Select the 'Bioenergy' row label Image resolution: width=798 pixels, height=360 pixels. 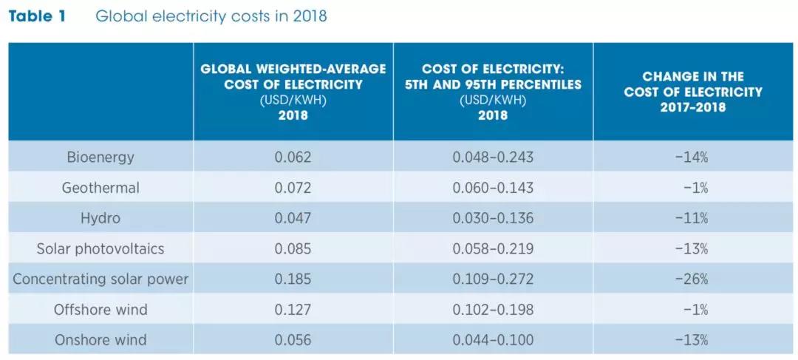click(100, 157)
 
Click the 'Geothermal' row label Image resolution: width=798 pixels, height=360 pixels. click(100, 188)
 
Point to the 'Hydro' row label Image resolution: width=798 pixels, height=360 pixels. click(100, 218)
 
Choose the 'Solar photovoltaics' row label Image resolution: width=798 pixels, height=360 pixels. click(100, 249)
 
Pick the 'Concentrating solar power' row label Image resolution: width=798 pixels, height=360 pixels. click(100, 279)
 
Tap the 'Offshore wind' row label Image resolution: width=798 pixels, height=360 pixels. click(100, 310)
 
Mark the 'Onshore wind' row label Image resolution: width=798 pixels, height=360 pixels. click(100, 340)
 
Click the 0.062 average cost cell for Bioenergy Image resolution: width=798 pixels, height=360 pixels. click(293, 157)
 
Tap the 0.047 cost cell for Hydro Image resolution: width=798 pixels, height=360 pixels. click(293, 218)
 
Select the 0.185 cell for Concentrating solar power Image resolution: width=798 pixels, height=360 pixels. click(293, 279)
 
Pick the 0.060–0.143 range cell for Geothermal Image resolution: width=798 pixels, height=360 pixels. click(493, 188)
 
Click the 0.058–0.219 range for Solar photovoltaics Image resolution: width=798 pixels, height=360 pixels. click(493, 249)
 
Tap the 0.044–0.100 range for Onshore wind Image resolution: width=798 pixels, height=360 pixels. click(493, 340)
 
